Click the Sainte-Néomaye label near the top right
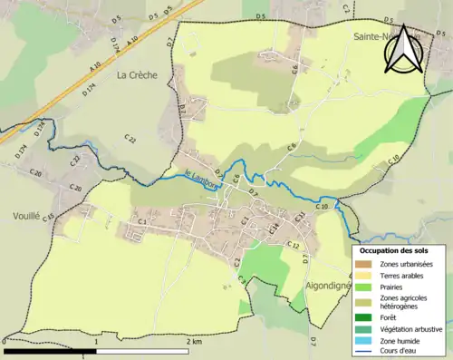point(376,37)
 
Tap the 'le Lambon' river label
point(201,172)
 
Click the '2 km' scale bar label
point(193,342)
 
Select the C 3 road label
point(140,221)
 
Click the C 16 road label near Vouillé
point(49,216)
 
